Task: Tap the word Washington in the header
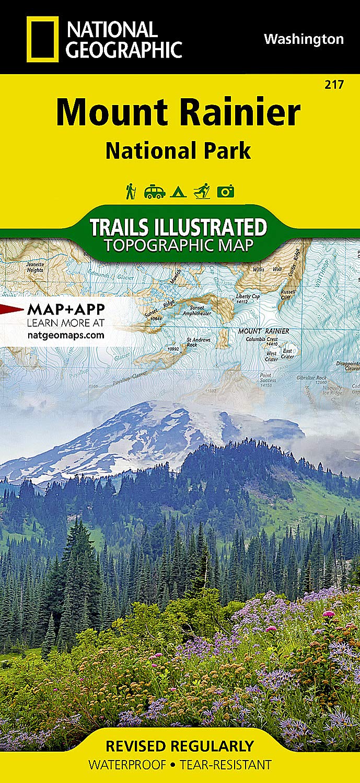point(304,39)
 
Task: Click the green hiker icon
point(130,191)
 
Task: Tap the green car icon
point(155,192)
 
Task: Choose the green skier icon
point(202,191)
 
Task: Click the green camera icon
point(226,192)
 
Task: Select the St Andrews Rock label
point(192,342)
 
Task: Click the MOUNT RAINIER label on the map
point(263,331)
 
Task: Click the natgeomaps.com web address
point(65,335)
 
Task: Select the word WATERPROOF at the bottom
point(127,765)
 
